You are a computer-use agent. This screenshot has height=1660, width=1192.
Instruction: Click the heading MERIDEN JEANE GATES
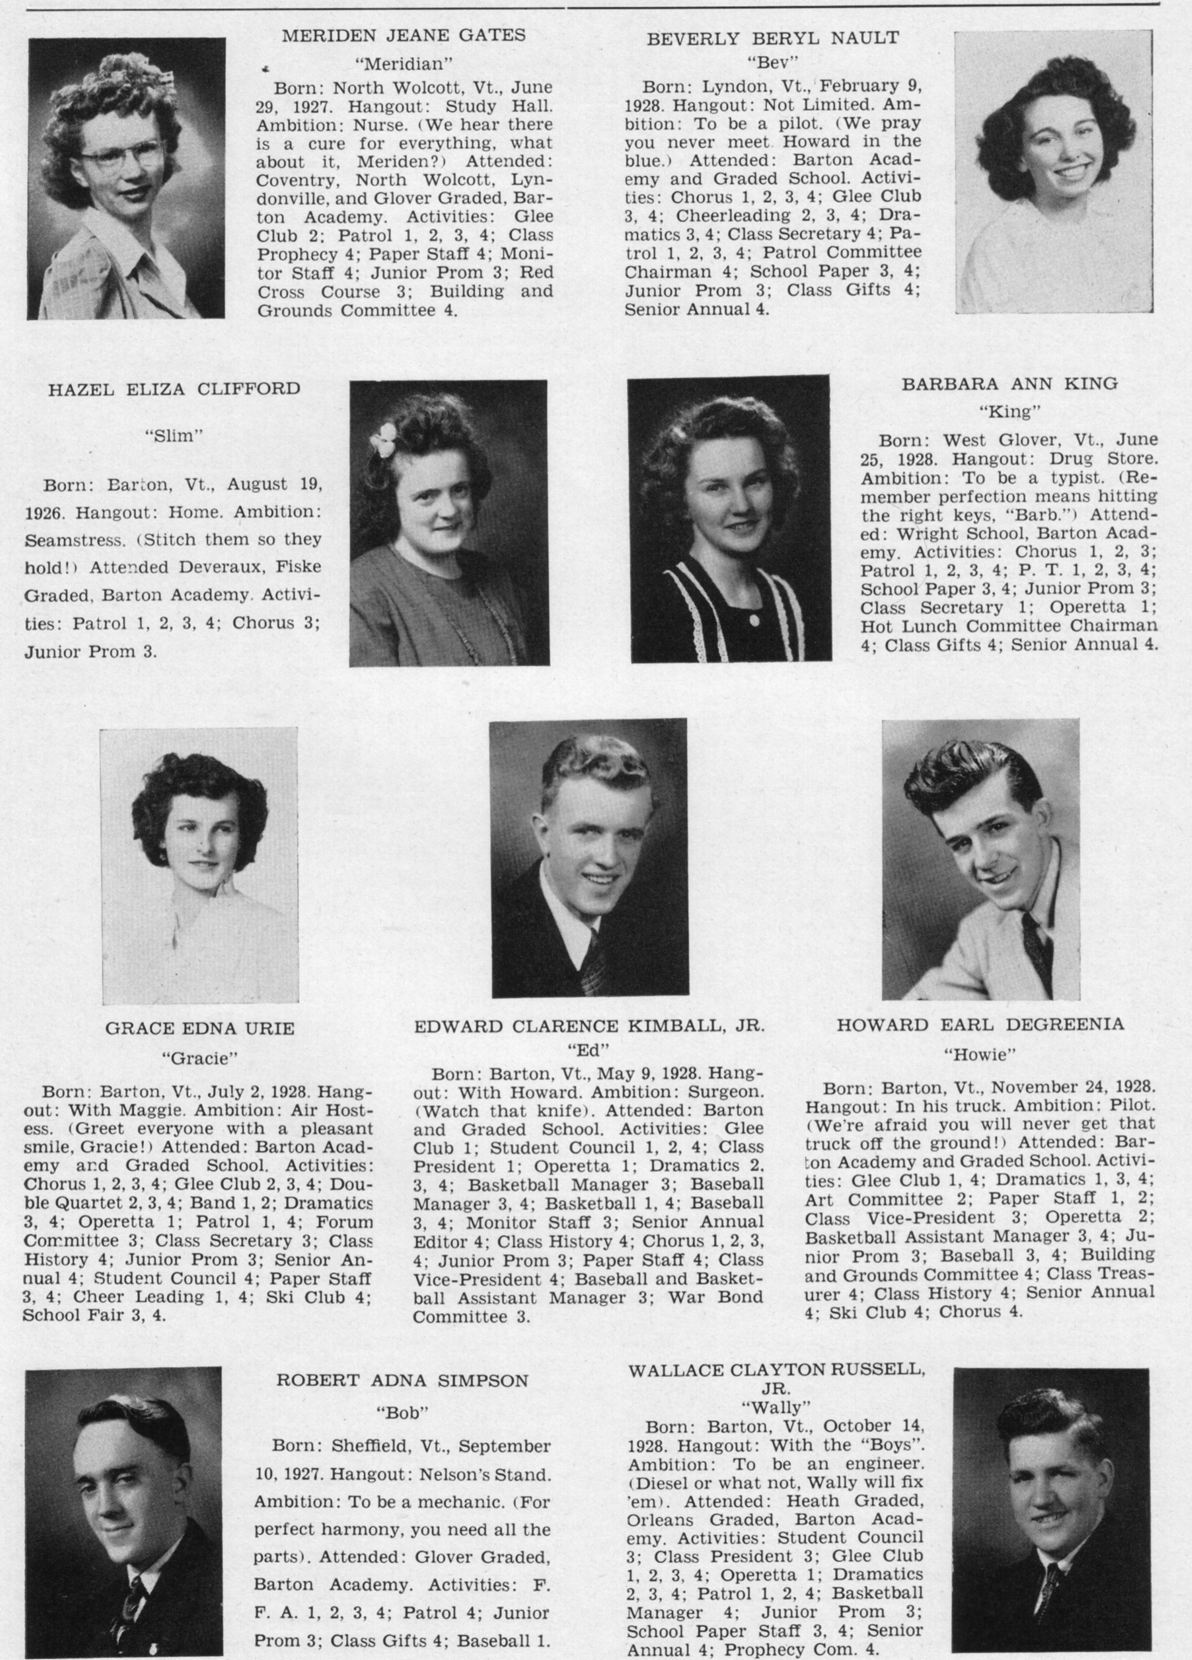[404, 35]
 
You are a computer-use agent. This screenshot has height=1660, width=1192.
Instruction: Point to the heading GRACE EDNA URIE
[199, 1028]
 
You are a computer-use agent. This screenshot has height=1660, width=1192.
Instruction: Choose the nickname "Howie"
[980, 1055]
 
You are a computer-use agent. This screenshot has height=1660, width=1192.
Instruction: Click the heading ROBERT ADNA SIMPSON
[402, 1381]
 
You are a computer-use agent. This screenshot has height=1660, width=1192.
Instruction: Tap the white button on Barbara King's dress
[753, 620]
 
